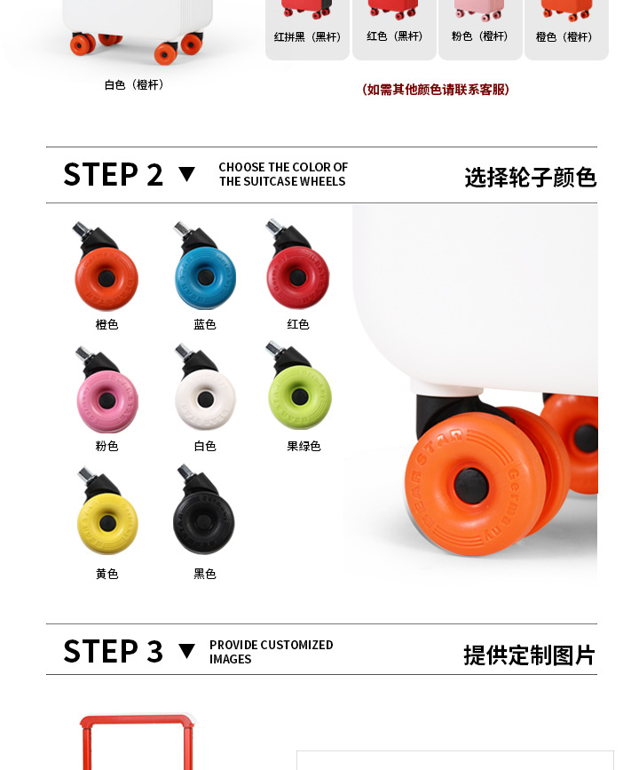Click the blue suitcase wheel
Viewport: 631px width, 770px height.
[206, 277]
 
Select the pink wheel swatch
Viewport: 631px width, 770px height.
[107, 401]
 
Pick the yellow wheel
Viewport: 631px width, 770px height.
[107, 524]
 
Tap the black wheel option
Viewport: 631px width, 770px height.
[203, 522]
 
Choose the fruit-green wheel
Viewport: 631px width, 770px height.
[300, 397]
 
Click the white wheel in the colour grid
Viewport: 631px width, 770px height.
[205, 400]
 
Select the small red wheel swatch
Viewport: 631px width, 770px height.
[298, 277]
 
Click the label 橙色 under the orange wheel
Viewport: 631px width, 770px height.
[107, 324]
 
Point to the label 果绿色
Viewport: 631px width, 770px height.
[304, 447]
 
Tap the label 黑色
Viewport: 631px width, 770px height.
[205, 574]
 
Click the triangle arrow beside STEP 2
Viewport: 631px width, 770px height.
[187, 174]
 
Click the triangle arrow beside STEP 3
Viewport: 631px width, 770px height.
[187, 651]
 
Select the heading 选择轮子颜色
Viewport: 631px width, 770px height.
[531, 178]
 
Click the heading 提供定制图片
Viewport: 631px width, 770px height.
[530, 655]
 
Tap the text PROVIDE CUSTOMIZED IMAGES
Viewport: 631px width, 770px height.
[272, 652]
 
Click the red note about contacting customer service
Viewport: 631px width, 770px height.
[436, 90]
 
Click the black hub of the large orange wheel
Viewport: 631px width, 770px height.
[471, 486]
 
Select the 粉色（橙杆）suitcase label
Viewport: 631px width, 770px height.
[479, 36]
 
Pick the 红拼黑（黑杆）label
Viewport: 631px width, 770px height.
[307, 36]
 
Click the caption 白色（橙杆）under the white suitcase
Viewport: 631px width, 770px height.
[134, 85]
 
